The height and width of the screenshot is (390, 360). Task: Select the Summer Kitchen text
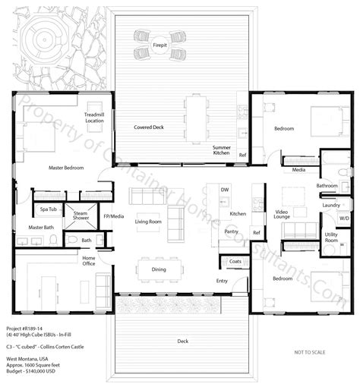(221, 150)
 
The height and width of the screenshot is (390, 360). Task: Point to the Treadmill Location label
(94, 118)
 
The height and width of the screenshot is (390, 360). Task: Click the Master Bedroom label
(66, 168)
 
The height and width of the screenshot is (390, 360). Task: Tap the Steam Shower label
(80, 216)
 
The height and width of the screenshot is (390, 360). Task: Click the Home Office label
(89, 261)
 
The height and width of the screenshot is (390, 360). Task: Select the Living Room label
(147, 222)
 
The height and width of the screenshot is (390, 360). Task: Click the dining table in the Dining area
(159, 269)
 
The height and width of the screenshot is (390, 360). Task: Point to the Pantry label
(231, 231)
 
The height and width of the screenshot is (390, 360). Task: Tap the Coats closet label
(234, 262)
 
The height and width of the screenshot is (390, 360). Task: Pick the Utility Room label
(331, 238)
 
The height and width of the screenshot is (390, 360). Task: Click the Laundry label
(330, 205)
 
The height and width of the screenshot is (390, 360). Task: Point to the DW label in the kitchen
(224, 189)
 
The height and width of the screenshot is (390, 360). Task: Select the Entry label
(221, 281)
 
